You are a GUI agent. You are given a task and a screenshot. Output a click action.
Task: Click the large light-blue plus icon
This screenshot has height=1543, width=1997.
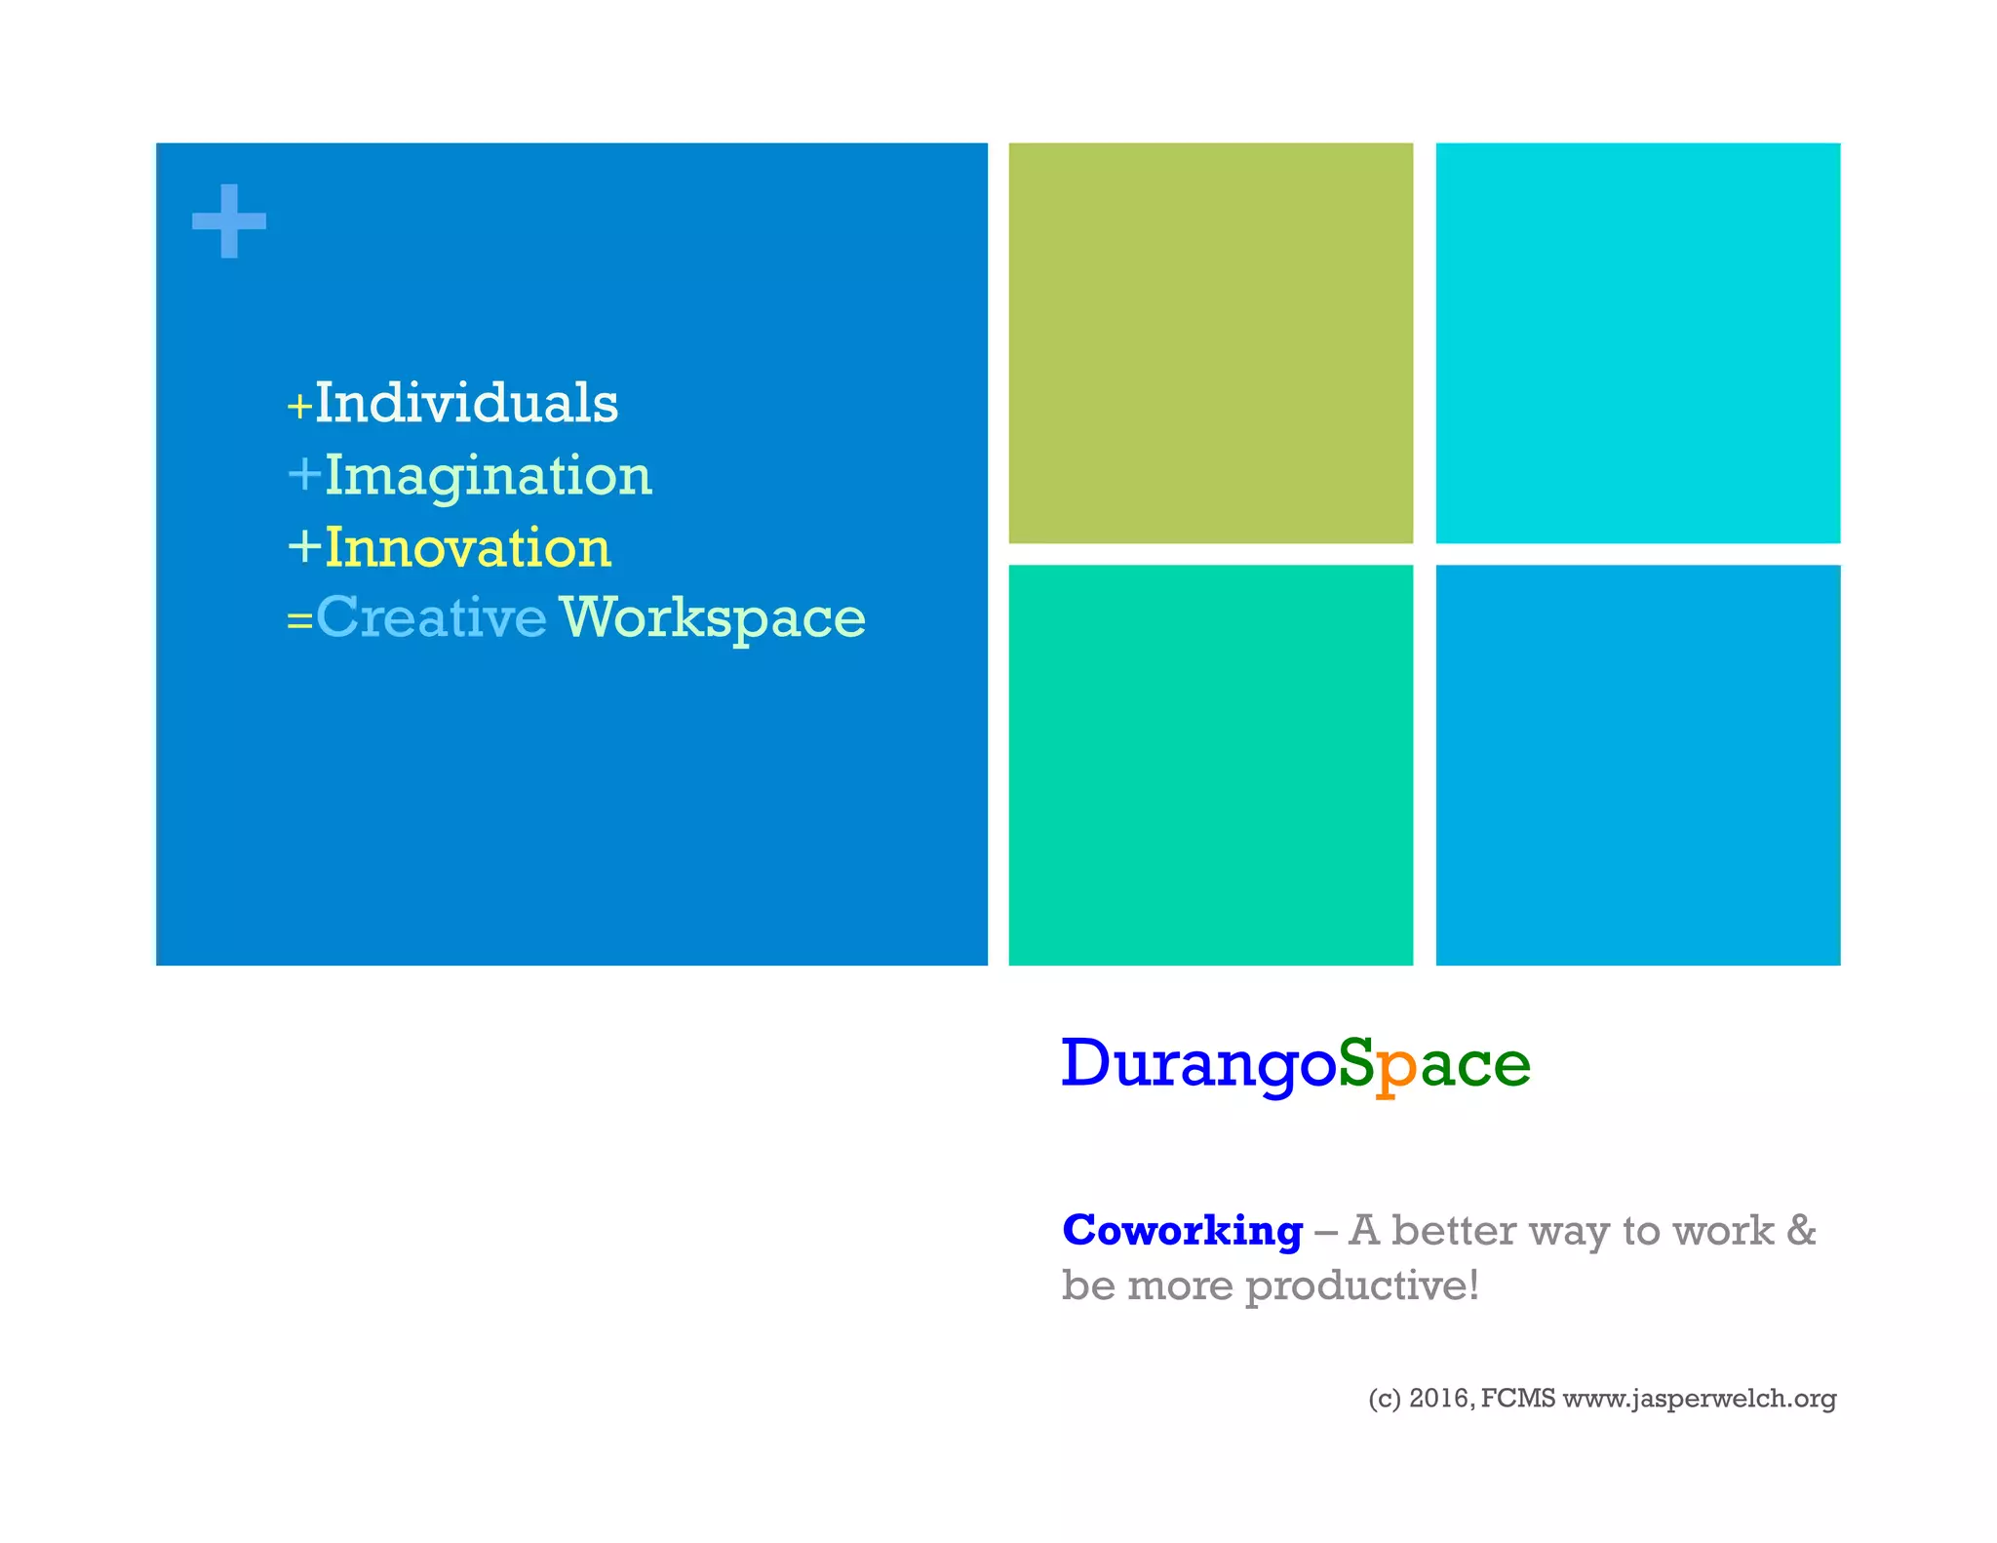point(229,221)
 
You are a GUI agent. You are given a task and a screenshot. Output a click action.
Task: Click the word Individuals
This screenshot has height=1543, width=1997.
point(466,403)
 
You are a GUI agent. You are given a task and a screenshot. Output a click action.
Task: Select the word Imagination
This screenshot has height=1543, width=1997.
point(488,476)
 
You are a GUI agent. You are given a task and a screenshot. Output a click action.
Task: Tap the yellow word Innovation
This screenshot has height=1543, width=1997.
point(468,547)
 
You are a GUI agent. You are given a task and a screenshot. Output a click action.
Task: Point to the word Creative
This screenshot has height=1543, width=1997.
point(431,617)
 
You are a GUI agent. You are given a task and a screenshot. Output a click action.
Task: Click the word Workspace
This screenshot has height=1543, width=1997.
point(713,617)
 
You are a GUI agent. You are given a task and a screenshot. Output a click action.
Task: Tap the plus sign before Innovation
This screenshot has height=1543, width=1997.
point(304,546)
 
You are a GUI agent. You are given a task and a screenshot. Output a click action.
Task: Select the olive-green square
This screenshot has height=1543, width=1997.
point(1210,342)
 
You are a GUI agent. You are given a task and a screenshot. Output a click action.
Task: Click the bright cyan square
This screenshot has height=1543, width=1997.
point(1637,342)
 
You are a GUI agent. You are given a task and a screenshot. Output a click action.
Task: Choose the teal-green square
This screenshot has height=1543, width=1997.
point(1210,765)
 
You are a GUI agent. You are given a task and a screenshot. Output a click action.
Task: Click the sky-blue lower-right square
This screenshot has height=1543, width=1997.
point(1637,765)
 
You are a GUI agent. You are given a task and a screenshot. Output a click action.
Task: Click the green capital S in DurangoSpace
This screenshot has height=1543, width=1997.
point(1355,1062)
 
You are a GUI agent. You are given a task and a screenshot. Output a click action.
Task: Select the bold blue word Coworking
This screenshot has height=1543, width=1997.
point(1182,1230)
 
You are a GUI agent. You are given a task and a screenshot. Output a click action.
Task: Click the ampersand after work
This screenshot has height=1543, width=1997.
point(1801,1230)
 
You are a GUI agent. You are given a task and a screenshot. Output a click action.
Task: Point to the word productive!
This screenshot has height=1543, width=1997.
point(1362,1286)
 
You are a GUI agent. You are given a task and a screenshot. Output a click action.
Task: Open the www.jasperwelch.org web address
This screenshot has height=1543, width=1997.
point(1699,1399)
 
